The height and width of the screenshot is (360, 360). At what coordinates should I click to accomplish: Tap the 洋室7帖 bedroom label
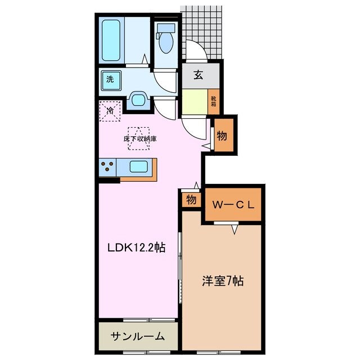click(x=222, y=280)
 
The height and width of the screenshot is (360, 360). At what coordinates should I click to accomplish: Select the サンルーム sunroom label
click(x=138, y=336)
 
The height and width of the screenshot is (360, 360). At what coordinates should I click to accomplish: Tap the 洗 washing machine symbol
click(x=110, y=79)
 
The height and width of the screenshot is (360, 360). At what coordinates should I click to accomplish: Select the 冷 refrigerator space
click(x=110, y=110)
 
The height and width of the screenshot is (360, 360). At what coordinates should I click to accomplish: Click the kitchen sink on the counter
click(x=138, y=167)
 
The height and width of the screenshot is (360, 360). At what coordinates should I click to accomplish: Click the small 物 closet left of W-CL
click(x=191, y=200)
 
